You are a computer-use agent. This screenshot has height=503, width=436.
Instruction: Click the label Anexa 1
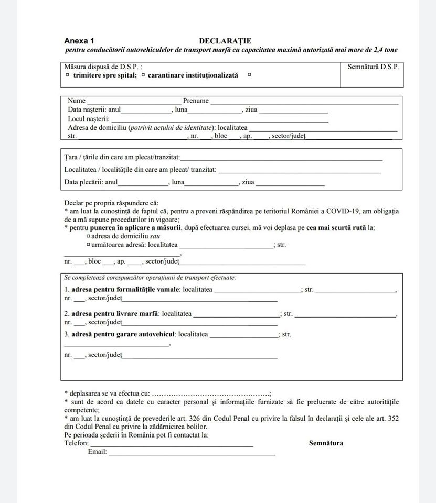coord(79,41)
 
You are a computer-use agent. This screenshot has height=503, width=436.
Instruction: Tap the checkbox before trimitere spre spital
coord(68,75)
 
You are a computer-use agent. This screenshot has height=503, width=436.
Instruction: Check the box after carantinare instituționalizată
coord(249,75)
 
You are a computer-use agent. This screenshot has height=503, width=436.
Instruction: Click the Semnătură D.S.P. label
coord(373,67)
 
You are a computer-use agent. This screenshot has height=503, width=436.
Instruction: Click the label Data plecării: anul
coord(91,183)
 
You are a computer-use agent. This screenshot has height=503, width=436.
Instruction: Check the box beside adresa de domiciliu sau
coord(88,236)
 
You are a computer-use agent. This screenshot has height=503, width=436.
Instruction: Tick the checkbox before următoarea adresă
coord(88,245)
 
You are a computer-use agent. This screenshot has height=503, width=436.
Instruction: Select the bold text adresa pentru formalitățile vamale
coord(125,289)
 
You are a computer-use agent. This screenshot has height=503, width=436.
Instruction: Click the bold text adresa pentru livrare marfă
coord(114,314)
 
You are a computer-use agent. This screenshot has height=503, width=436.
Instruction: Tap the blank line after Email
coord(192,453)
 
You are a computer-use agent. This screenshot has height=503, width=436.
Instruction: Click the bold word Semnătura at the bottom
coord(326,443)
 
